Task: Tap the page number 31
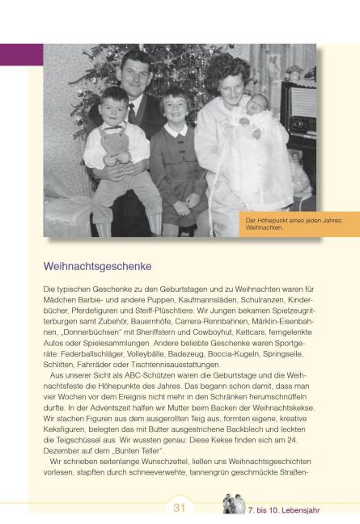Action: click(x=180, y=508)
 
